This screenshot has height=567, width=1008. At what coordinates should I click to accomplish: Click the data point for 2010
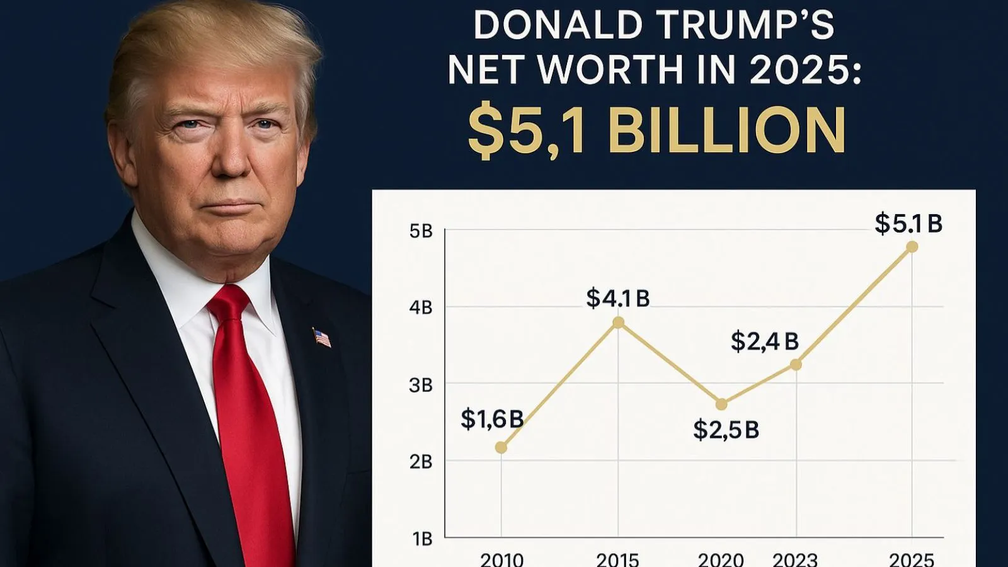501,447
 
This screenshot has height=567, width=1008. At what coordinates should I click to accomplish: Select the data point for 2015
619,323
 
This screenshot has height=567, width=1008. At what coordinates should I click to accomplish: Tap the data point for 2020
721,404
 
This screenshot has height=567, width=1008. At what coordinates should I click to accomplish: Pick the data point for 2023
796,364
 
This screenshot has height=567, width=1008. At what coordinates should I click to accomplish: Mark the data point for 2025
912,247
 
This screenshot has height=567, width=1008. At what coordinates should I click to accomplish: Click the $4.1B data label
617,298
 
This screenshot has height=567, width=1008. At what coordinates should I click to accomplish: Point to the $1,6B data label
492,419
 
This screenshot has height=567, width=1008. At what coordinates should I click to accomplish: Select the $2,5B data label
726,430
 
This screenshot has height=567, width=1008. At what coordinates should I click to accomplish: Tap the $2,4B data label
764,341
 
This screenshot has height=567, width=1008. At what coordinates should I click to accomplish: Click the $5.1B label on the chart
908,224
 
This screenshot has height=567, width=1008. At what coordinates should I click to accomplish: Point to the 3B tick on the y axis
421,385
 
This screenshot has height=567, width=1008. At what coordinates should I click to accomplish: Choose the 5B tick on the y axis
421,231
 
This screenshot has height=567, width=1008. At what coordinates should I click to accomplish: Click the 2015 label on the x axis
617,559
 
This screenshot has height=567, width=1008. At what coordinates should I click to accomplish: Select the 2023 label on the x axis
795,559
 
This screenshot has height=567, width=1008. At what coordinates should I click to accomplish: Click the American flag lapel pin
322,338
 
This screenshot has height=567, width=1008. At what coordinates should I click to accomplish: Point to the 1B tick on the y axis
422,539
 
